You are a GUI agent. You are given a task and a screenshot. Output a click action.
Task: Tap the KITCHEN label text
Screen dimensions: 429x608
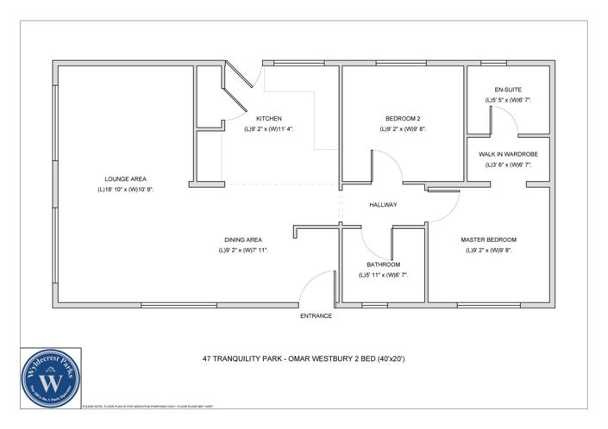coord(269,119)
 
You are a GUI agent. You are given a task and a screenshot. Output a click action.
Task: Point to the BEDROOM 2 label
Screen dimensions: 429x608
coord(403,119)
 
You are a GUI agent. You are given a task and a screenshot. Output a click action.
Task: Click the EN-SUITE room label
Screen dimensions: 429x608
coord(508,90)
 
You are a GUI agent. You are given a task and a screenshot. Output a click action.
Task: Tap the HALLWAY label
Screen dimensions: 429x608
coord(383,205)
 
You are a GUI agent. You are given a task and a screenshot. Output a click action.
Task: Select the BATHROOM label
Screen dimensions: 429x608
coord(383,264)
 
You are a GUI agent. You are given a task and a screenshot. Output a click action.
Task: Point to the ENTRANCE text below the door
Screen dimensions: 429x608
coord(316,316)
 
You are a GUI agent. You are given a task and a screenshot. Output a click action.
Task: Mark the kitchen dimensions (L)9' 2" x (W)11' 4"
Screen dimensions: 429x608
coord(269,129)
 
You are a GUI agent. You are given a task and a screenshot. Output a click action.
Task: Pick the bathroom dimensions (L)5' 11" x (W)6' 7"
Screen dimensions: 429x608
coord(383,275)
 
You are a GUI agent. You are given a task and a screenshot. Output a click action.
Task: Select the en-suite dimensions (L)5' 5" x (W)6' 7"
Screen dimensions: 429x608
coord(508,100)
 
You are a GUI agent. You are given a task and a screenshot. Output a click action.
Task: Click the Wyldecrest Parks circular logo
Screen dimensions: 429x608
coord(51,377)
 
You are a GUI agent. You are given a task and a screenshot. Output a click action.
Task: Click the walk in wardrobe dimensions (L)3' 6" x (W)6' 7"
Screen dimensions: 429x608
coord(508,165)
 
